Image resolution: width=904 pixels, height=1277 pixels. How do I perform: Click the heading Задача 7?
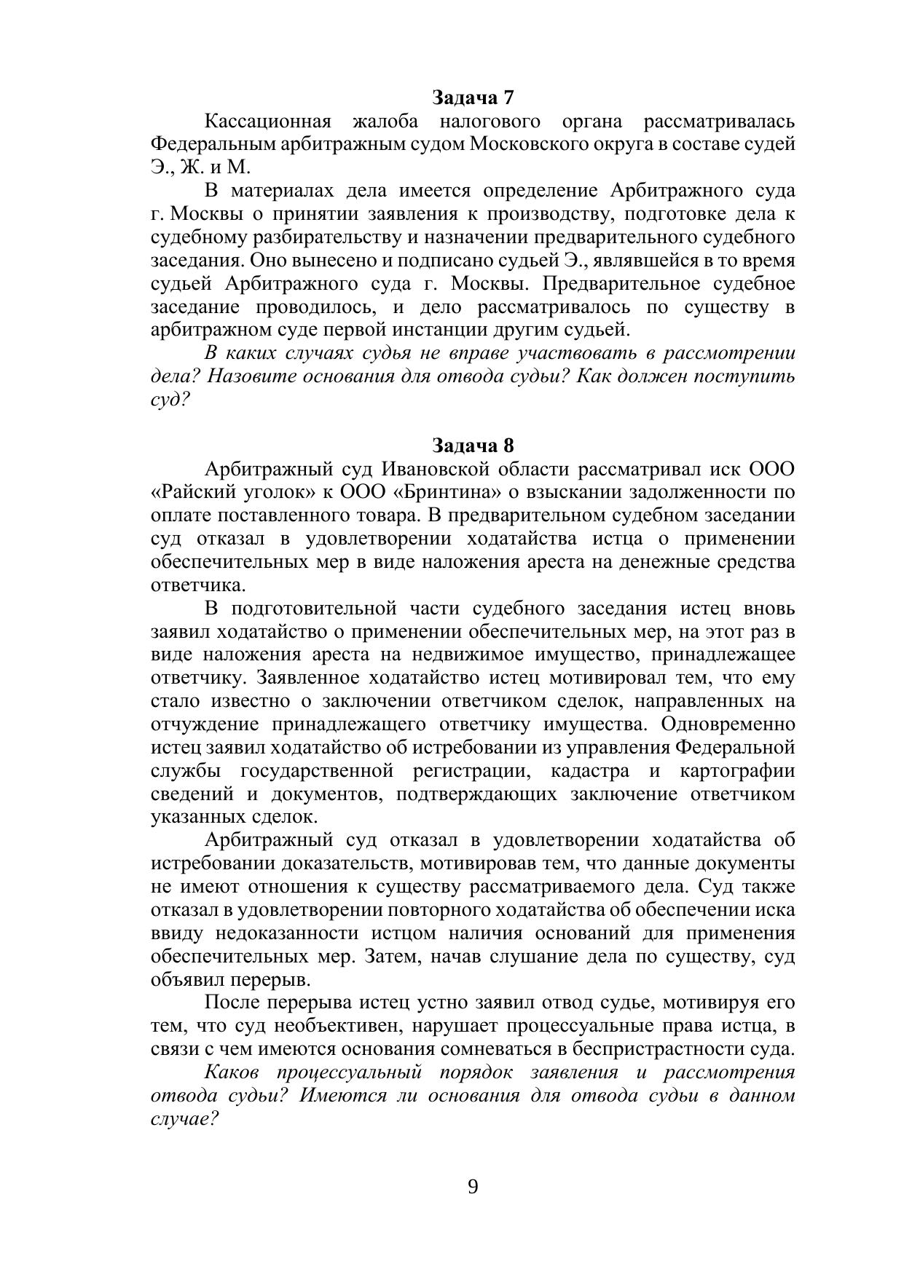coord(473,97)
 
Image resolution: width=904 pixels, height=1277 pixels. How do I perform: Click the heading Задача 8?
coord(473,445)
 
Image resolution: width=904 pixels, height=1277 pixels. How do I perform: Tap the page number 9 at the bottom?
coord(473,1187)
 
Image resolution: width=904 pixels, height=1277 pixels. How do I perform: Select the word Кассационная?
coord(267,120)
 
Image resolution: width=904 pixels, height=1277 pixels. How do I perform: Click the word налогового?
coord(490,120)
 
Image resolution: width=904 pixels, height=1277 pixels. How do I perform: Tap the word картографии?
coord(736,771)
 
